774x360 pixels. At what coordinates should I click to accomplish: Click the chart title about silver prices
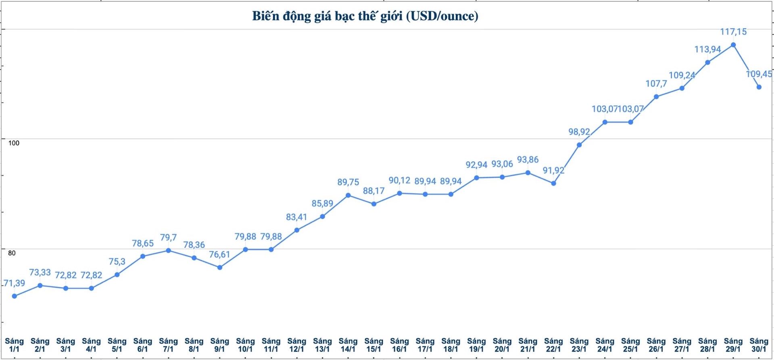tap(365, 16)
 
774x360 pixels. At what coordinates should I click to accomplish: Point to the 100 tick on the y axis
tap(14, 143)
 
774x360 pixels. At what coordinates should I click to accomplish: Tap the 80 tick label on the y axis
tap(12, 253)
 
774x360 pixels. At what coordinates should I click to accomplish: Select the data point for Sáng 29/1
tap(733, 45)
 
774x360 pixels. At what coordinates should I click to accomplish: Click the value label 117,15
tap(733, 31)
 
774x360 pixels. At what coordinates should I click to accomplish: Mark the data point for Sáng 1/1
tap(15, 296)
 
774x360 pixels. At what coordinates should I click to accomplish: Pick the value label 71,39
tap(15, 283)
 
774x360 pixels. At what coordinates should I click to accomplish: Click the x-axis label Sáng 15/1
tap(373, 345)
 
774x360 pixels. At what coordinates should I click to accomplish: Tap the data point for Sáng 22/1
tap(553, 183)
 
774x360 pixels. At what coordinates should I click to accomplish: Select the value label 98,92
tap(579, 132)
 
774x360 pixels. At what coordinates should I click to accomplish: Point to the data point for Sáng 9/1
tap(220, 267)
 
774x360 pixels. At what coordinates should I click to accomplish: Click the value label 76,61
tap(219, 254)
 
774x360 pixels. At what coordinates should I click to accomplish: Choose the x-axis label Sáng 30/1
tap(759, 345)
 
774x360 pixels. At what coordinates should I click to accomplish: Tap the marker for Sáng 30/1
tap(759, 87)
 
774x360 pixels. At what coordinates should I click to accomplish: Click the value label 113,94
tap(707, 50)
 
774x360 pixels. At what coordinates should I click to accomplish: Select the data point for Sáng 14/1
tap(348, 196)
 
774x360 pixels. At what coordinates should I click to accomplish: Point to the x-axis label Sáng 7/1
tap(168, 345)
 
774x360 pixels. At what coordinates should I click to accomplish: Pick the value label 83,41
tap(296, 217)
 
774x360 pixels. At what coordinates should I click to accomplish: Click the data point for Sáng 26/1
tap(656, 97)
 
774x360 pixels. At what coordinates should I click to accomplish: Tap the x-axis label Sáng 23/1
tap(579, 345)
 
